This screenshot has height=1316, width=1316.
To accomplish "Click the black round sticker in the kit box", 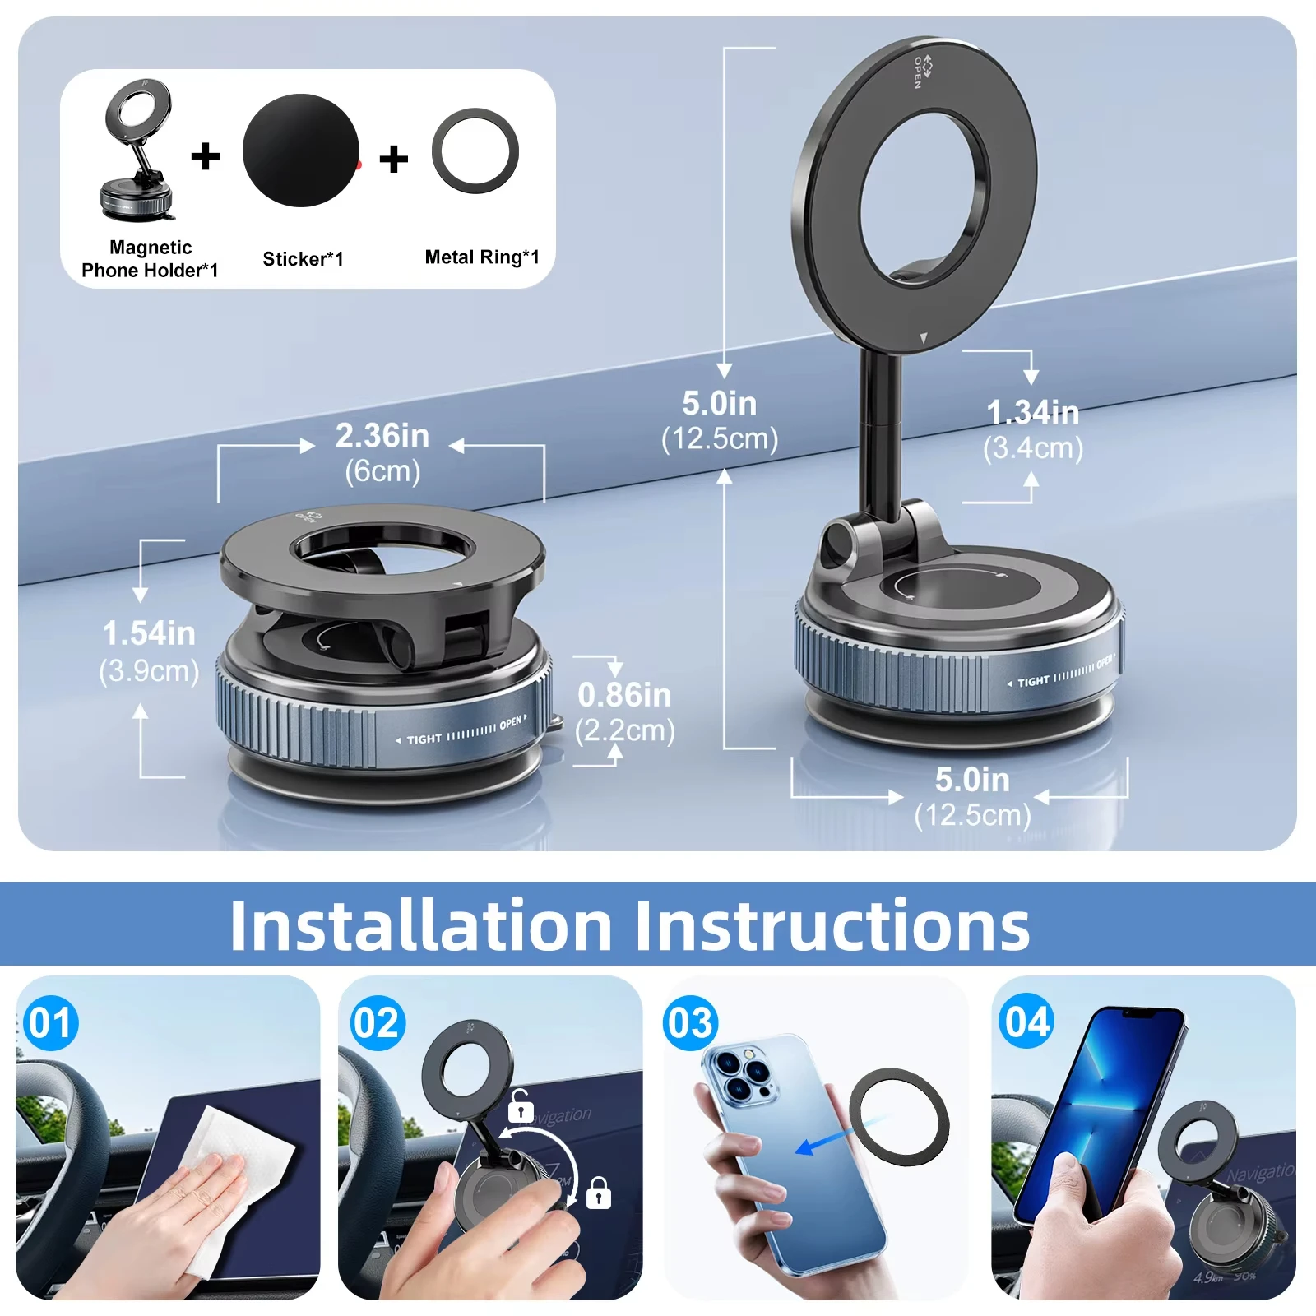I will click(x=301, y=151).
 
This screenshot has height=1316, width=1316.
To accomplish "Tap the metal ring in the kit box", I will click(x=475, y=151).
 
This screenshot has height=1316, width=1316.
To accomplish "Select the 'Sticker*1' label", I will click(x=303, y=259).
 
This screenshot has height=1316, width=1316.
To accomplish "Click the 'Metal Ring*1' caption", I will click(x=482, y=257).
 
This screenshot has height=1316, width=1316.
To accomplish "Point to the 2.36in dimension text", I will click(x=382, y=436).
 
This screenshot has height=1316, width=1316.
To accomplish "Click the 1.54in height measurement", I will click(x=149, y=634).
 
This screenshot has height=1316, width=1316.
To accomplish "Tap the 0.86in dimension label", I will click(x=624, y=696).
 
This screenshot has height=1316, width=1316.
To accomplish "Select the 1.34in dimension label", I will click(x=1032, y=413).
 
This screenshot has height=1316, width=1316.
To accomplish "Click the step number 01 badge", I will click(x=51, y=1024).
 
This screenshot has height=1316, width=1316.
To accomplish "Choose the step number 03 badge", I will click(x=691, y=1024).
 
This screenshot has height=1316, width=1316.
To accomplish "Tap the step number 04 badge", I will click(x=1026, y=1022).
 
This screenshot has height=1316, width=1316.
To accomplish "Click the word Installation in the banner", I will click(x=420, y=926).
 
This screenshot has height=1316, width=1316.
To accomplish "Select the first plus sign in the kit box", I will click(x=206, y=156).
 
